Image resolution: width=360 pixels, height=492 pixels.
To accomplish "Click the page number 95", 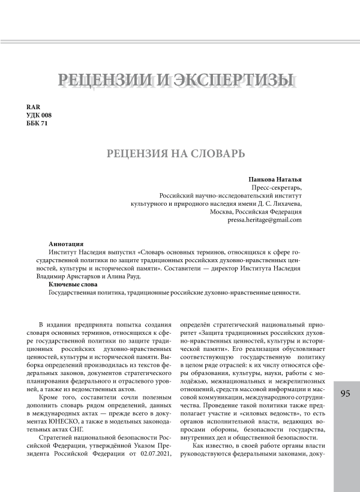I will (345, 394).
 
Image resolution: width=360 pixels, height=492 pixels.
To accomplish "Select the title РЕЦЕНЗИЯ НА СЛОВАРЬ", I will (175, 154).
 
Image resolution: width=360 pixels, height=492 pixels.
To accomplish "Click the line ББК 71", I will (37, 123).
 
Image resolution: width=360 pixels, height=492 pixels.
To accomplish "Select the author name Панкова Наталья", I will (275, 179).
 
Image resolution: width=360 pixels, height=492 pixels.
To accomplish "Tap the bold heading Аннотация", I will (66, 244).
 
